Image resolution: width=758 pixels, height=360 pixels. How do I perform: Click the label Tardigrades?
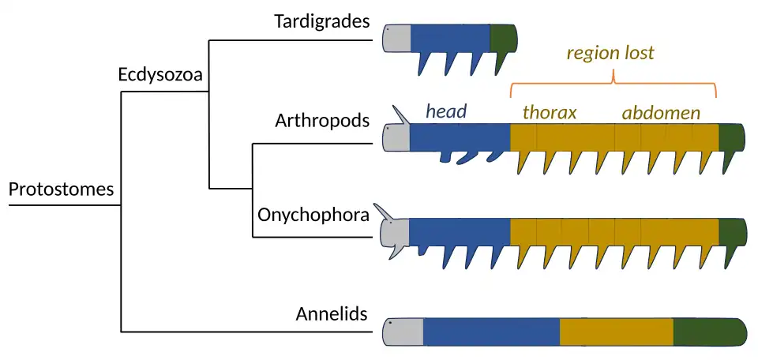(x=321, y=21)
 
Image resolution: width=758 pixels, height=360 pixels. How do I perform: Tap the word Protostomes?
(x=61, y=189)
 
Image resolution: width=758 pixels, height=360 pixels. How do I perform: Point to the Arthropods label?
(x=322, y=121)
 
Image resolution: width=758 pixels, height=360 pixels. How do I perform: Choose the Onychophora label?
(x=313, y=214)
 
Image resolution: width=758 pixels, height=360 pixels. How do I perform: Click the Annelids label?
(x=332, y=313)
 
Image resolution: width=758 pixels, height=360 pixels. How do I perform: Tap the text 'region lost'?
(x=610, y=54)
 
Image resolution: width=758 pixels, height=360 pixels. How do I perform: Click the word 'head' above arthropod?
(x=446, y=111)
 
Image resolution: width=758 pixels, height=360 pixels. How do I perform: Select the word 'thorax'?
(x=550, y=112)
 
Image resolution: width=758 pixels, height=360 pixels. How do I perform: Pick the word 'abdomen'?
(x=661, y=112)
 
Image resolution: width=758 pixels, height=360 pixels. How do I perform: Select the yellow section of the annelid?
(x=616, y=332)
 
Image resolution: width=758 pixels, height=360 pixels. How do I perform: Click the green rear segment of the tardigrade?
(x=502, y=37)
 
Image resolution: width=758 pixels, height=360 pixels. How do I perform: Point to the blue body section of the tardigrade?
(x=450, y=37)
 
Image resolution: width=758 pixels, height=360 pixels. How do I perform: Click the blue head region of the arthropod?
(x=460, y=137)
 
